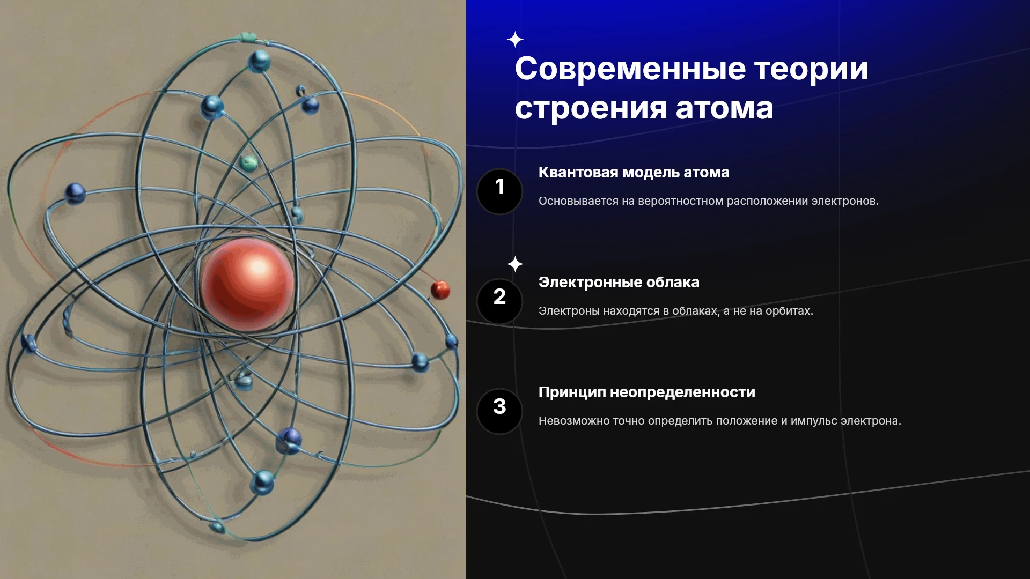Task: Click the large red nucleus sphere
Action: (247, 284)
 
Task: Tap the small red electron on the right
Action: (440, 290)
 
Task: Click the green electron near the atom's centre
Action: (248, 162)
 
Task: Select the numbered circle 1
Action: (499, 191)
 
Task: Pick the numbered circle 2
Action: (499, 301)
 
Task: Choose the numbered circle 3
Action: (499, 411)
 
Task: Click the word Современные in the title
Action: (630, 69)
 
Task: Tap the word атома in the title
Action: (724, 108)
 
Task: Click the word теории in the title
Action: (811, 69)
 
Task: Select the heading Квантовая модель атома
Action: (634, 172)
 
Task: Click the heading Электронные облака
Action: (619, 282)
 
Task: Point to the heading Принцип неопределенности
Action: (646, 392)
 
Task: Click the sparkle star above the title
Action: (515, 40)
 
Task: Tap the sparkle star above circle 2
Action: (515, 264)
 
